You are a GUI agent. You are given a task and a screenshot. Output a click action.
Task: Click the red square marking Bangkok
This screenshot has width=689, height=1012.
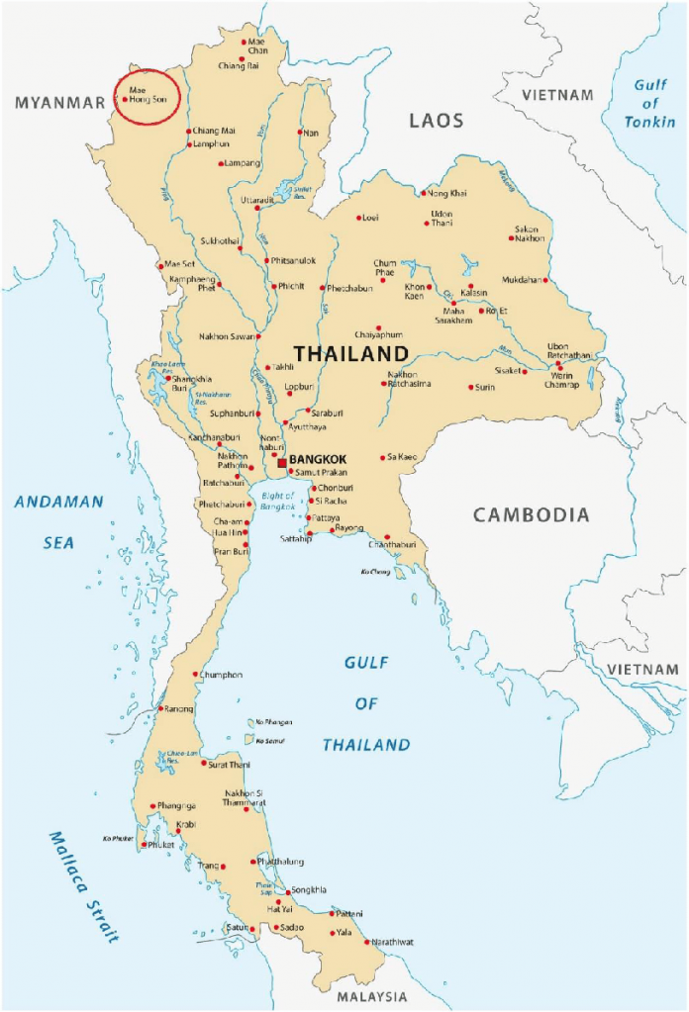tap(282, 461)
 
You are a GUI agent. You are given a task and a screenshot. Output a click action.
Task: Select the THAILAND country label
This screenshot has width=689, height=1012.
tap(350, 354)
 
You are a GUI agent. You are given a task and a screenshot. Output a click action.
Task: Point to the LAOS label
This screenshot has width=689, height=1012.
tap(437, 121)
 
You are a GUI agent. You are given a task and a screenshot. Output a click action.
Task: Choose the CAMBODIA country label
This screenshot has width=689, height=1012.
tap(531, 514)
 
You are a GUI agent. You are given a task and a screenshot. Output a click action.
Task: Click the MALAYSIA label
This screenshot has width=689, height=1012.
tap(370, 996)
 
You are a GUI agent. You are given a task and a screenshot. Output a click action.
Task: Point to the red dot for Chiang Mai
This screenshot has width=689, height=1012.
tap(188, 132)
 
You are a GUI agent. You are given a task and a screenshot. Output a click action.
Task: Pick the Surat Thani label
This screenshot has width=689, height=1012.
tap(230, 764)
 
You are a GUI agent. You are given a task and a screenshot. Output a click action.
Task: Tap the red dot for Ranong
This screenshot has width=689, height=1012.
tap(160, 708)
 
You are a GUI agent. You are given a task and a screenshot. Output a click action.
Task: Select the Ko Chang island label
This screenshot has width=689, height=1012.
tap(374, 572)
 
